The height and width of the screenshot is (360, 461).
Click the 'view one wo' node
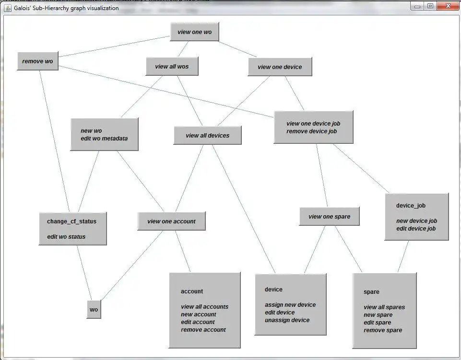coord(194,32)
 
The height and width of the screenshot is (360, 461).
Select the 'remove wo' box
coord(37,61)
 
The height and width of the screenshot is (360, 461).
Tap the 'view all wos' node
coord(172,67)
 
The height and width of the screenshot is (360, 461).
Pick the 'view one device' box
coord(280,67)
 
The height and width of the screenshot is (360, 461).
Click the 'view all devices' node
coord(207,136)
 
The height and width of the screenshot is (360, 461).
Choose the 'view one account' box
coord(171,221)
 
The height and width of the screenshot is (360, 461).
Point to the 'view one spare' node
coord(329,217)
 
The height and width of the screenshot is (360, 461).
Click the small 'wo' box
coord(94,310)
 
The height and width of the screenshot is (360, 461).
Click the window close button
coord(449,6)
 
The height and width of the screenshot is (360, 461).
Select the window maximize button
coord(430,6)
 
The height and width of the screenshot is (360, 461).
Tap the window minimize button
coord(417,6)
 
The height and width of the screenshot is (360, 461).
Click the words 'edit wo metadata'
coord(104,139)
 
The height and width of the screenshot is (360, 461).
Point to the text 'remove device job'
coord(311,131)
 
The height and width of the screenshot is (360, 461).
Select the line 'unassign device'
coord(287,320)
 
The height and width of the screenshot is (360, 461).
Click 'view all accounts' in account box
coord(204,307)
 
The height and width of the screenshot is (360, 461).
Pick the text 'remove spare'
coord(383,330)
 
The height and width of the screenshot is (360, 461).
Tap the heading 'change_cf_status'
coord(71,221)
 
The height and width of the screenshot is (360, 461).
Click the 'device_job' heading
coord(411,206)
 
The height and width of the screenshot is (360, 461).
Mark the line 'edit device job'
coord(416,229)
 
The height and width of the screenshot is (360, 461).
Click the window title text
coord(66,8)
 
